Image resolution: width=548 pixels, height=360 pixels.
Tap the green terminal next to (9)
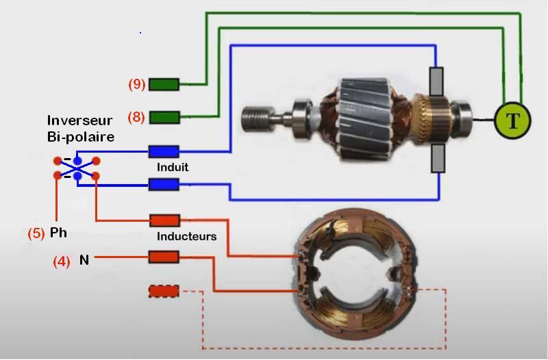[x=164, y=84]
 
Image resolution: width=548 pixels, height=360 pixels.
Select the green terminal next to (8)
[x=164, y=117]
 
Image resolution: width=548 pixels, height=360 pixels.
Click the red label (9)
[x=137, y=84]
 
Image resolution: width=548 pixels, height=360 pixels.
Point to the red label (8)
[x=137, y=117]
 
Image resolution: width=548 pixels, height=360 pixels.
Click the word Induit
[x=173, y=167]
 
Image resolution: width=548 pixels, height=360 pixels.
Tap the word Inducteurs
[x=186, y=237]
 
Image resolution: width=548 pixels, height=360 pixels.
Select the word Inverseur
[x=80, y=121]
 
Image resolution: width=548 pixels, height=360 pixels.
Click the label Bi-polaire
[x=81, y=136]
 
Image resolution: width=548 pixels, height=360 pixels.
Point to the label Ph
[x=58, y=233]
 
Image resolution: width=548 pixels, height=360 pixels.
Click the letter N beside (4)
[x=84, y=260]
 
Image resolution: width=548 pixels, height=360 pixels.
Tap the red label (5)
[x=36, y=233]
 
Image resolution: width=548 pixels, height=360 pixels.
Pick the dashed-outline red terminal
[x=164, y=292]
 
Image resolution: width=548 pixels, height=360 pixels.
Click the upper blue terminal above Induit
[x=164, y=151]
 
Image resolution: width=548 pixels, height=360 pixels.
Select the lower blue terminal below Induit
[x=164, y=184]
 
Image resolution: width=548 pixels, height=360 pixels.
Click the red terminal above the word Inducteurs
[x=164, y=220]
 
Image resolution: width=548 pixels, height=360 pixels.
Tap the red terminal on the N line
[x=164, y=257]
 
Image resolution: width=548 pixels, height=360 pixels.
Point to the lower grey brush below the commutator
[x=436, y=159]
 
